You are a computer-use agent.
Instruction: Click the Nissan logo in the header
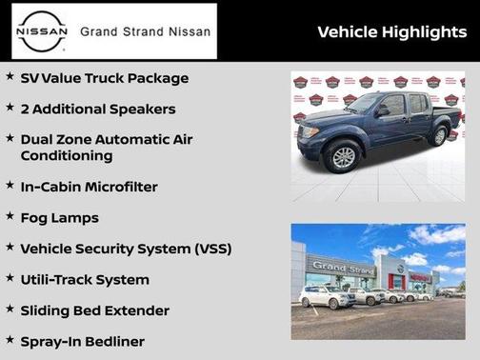click(40, 30)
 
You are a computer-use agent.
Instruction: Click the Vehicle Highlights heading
click(390, 32)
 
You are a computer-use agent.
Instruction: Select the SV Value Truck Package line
click(105, 78)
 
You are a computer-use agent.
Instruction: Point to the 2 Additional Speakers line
click(98, 109)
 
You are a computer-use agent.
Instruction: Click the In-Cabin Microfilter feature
click(90, 187)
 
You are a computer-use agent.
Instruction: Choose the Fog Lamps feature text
click(60, 218)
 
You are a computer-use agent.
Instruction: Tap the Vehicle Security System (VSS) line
click(126, 249)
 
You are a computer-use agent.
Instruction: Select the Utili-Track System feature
click(85, 280)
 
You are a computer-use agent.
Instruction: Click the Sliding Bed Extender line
click(95, 310)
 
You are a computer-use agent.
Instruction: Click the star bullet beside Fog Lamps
click(10, 216)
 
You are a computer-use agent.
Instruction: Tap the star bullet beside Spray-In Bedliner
click(10, 339)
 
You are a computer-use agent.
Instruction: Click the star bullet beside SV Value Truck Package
click(10, 76)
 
